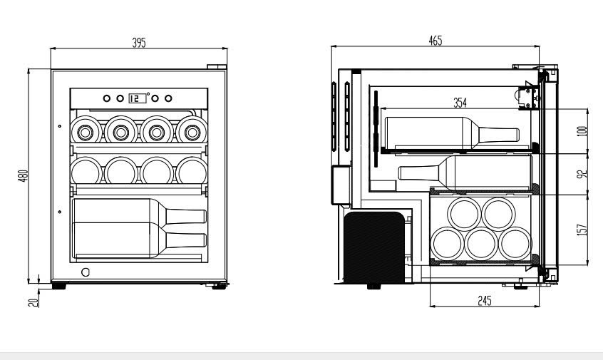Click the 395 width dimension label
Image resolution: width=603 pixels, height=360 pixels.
click(139, 43)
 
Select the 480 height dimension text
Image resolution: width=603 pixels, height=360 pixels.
click(24, 175)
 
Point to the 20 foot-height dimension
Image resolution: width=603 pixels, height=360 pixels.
click(31, 302)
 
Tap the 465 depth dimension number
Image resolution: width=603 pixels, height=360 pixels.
click(435, 41)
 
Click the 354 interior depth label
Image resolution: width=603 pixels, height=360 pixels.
click(460, 103)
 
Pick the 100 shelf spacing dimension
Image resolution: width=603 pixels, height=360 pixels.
click(582, 131)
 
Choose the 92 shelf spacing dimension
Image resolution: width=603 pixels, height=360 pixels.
click(582, 174)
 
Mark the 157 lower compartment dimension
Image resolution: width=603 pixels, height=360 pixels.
click(582, 229)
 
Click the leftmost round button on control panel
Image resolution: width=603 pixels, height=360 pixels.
click(106, 98)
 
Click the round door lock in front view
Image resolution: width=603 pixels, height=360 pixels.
click(86, 272)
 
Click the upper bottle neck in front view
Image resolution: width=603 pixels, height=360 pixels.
click(186, 217)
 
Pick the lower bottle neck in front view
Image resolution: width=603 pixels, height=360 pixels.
click(186, 240)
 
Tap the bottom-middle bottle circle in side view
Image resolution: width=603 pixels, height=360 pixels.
click(482, 244)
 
